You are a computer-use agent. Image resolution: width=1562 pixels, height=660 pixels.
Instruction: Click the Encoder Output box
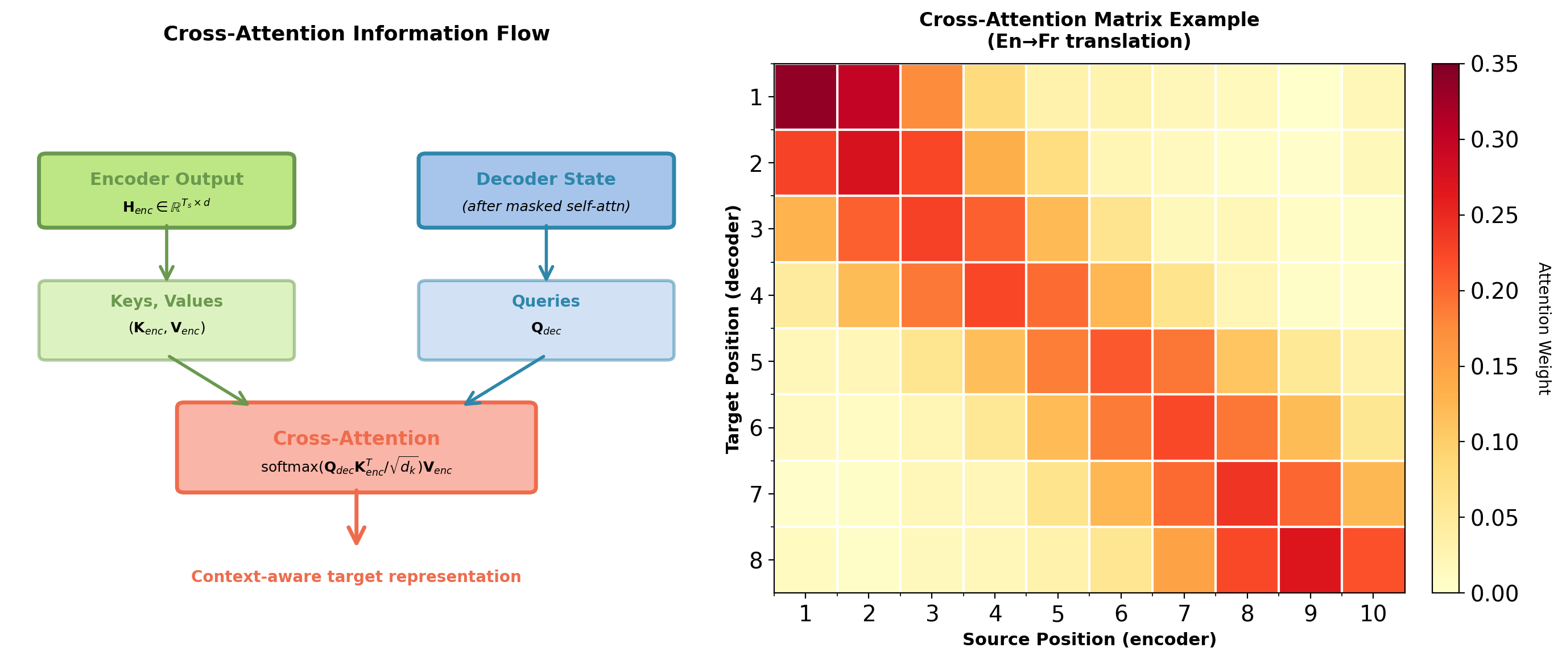pyautogui.click(x=167, y=191)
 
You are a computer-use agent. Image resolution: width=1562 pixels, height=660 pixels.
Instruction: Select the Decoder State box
pyautogui.click(x=546, y=191)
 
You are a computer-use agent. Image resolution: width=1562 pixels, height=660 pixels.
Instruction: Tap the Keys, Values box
pyautogui.click(x=167, y=320)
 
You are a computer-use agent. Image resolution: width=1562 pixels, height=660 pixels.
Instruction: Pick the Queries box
pyautogui.click(x=546, y=320)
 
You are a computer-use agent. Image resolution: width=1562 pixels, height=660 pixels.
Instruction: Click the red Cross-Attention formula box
pyautogui.click(x=356, y=447)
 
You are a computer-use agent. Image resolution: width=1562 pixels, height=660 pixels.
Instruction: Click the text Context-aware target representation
pyautogui.click(x=356, y=576)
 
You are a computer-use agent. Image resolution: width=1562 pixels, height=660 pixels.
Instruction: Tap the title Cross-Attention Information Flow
pyautogui.click(x=356, y=34)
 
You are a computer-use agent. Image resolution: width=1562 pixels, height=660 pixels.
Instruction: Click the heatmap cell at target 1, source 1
pyautogui.click(x=805, y=97)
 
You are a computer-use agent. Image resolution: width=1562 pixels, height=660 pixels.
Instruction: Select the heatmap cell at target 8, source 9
pyautogui.click(x=1311, y=560)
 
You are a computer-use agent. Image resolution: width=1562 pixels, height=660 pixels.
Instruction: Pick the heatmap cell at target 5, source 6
pyautogui.click(x=1121, y=361)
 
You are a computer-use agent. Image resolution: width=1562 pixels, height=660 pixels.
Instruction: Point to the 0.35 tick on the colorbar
pyautogui.click(x=1494, y=64)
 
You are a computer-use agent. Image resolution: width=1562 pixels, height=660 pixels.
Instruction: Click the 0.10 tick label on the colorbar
pyautogui.click(x=1494, y=442)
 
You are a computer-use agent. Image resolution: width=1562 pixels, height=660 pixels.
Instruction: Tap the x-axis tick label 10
pyautogui.click(x=1373, y=614)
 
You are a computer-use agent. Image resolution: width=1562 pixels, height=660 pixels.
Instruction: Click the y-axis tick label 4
pyautogui.click(x=755, y=295)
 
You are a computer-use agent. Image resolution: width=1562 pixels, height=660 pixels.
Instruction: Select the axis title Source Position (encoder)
pyautogui.click(x=1089, y=640)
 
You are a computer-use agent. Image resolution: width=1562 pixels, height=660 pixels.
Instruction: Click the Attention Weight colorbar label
pyautogui.click(x=1544, y=328)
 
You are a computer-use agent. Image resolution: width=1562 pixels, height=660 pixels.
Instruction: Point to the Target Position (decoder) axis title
pyautogui.click(x=733, y=328)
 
